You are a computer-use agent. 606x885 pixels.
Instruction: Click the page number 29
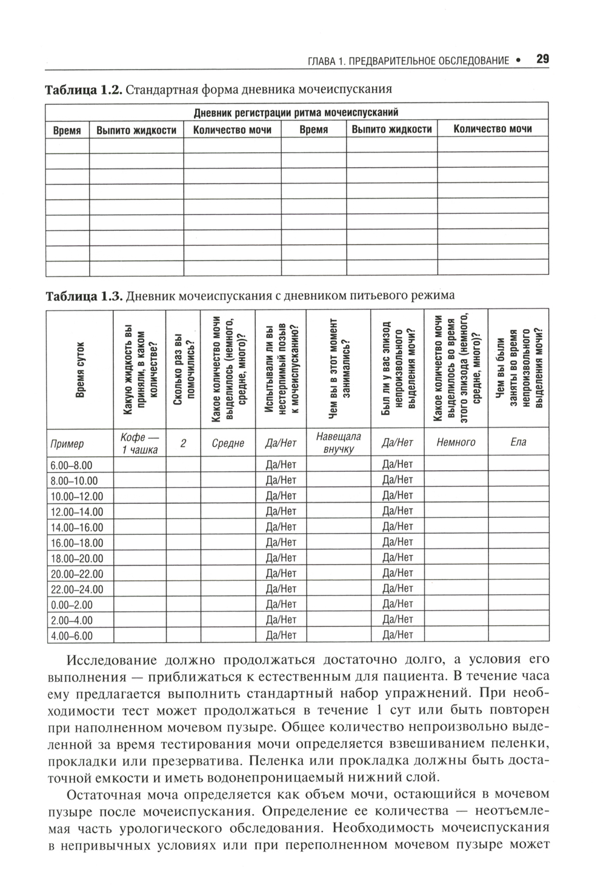[x=542, y=59]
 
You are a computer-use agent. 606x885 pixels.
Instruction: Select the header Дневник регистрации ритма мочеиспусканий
[x=296, y=112]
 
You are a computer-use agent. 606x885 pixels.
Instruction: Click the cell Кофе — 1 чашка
[x=139, y=443]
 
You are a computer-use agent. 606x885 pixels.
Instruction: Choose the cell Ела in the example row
[x=519, y=442]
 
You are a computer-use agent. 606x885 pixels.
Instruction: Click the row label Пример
[x=67, y=443]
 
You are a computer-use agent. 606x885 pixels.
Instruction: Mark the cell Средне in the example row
[x=228, y=443]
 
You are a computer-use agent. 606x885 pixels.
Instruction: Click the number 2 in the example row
[x=183, y=443]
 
